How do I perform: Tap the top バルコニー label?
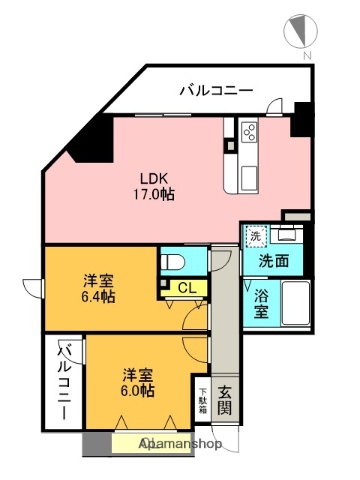tap(215, 91)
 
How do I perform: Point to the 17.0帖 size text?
tap(155, 193)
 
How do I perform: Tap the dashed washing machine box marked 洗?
tap(256, 237)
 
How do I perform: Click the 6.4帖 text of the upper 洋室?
tap(98, 297)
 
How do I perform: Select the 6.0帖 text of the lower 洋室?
tap(139, 391)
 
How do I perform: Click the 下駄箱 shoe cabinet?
tap(201, 399)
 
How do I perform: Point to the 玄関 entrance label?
tap(225, 399)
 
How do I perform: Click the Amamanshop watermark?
tap(180, 443)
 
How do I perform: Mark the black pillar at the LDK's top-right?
tap(300, 121)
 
